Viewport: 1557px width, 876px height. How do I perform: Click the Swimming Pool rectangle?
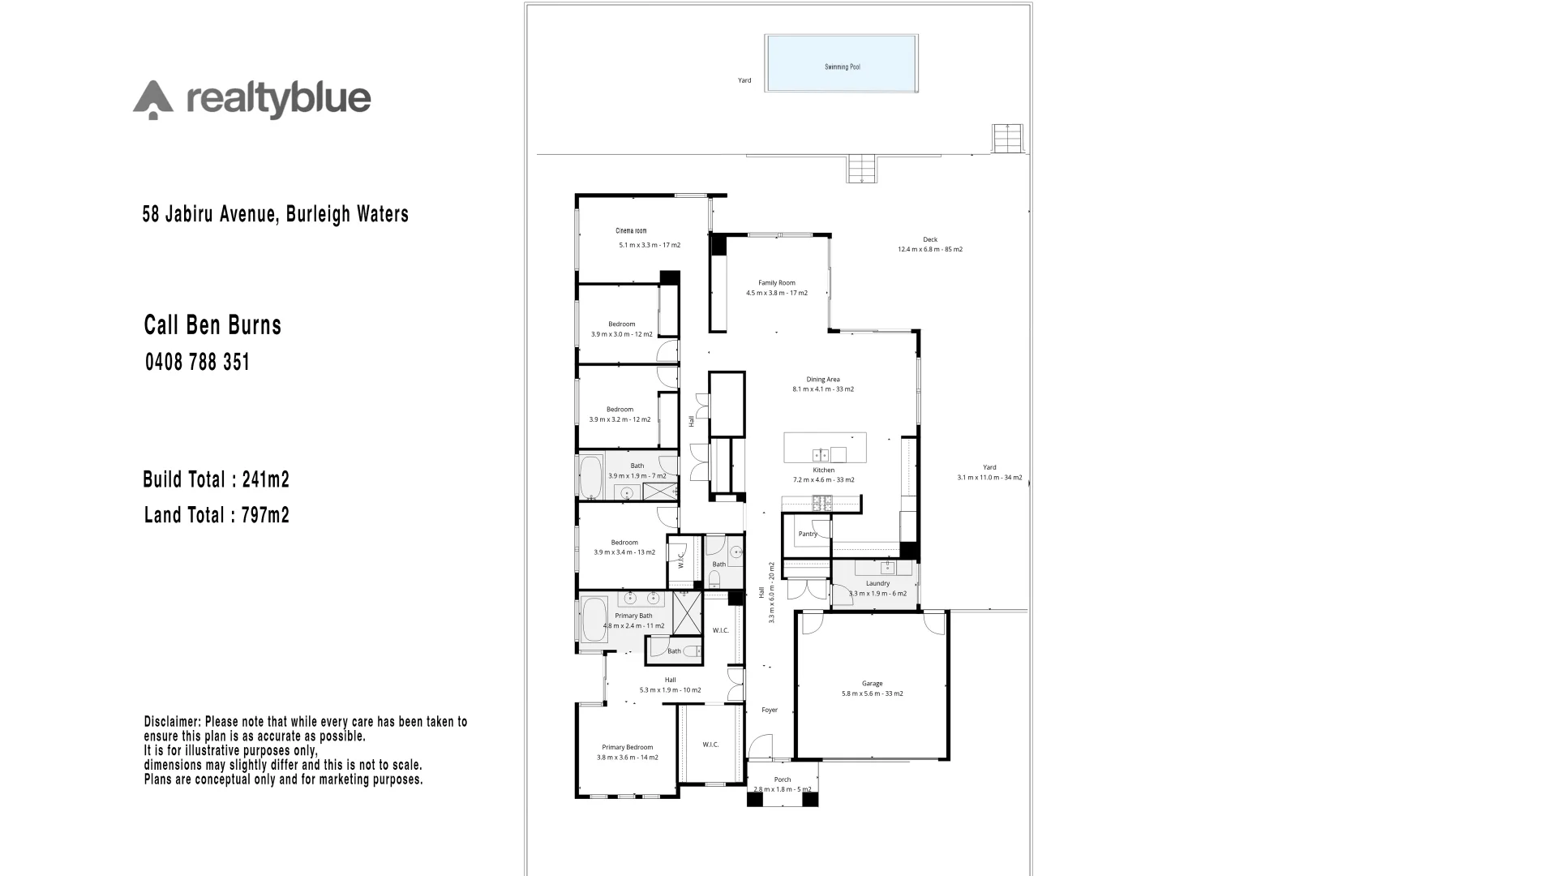click(841, 63)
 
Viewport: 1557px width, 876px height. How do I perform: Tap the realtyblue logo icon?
click(153, 101)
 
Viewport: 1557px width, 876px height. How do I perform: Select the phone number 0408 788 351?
click(197, 362)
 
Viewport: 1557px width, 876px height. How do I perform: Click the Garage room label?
click(872, 684)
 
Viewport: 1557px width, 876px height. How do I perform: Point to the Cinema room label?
click(631, 231)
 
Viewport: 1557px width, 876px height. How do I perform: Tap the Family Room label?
click(776, 283)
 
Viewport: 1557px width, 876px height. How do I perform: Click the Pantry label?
click(808, 534)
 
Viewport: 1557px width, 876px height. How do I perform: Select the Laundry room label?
click(877, 583)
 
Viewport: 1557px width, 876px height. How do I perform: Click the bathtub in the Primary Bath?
click(594, 621)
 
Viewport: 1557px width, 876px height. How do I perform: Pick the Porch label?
click(782, 779)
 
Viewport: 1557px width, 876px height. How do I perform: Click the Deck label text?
click(930, 239)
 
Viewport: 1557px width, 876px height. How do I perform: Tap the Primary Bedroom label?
click(627, 747)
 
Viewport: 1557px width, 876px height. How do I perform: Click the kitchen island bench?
click(825, 448)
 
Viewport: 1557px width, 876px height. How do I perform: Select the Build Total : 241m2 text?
click(216, 479)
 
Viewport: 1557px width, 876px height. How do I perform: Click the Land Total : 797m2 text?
click(217, 515)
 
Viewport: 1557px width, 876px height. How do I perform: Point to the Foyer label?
click(770, 710)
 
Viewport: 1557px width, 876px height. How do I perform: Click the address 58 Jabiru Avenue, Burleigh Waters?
click(275, 214)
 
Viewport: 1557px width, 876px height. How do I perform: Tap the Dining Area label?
click(822, 379)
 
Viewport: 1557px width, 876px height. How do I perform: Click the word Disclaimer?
click(172, 721)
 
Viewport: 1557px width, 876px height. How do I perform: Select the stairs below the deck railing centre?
click(862, 169)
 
